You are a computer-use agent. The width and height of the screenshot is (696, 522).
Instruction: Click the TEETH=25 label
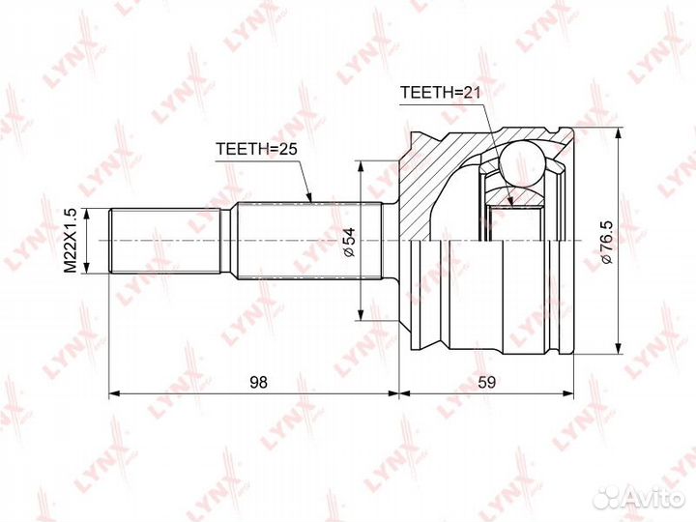(256, 149)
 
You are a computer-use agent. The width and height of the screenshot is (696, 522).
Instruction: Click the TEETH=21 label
(441, 93)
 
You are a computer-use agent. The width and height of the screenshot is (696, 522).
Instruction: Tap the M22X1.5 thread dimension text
(71, 241)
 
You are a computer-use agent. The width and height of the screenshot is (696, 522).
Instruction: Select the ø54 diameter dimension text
(350, 242)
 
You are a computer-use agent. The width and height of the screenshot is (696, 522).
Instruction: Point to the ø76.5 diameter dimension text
(606, 242)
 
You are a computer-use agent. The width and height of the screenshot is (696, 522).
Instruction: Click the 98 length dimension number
(258, 382)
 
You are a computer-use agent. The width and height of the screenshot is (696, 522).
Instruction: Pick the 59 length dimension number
(486, 382)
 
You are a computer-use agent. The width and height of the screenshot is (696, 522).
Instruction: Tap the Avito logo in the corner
(639, 497)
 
